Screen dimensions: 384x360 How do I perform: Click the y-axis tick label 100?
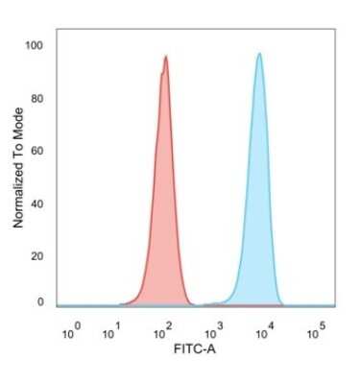[35, 45]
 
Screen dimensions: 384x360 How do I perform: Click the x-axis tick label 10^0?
[70, 333]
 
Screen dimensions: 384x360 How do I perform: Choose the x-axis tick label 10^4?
[264, 333]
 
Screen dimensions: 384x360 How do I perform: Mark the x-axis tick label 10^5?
[314, 333]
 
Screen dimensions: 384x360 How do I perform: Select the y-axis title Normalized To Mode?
[18, 169]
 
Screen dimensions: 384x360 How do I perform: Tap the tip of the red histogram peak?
[166, 57]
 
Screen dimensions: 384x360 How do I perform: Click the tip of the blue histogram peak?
[259, 54]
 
